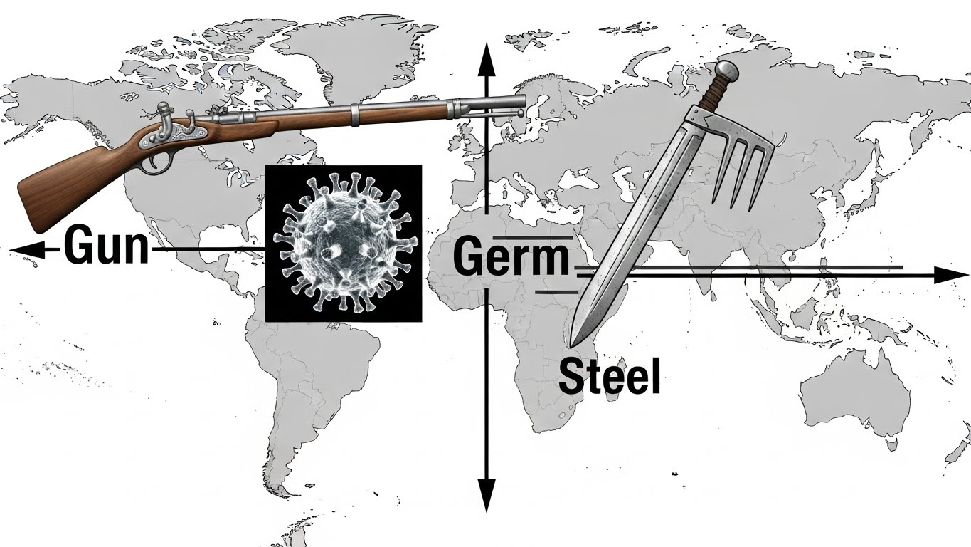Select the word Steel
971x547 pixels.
click(609, 377)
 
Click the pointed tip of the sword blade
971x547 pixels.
click(572, 342)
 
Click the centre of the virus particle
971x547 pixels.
click(343, 243)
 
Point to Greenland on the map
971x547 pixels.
click(334, 43)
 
